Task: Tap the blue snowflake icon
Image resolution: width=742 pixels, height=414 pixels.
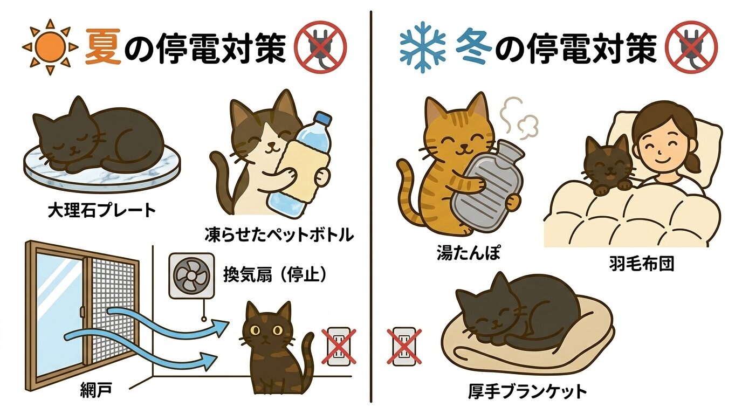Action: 423,47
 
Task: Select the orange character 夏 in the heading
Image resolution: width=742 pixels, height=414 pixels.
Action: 103,47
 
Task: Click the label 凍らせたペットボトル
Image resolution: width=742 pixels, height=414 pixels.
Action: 279,235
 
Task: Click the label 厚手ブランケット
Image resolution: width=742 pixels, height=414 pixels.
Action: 527,391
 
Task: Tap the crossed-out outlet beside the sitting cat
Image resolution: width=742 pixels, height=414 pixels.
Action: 339,346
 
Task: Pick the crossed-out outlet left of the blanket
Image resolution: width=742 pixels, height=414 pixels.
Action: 404,346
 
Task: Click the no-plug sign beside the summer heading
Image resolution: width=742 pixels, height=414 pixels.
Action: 320,47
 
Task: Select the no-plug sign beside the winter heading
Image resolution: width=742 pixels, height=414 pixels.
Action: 691,47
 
